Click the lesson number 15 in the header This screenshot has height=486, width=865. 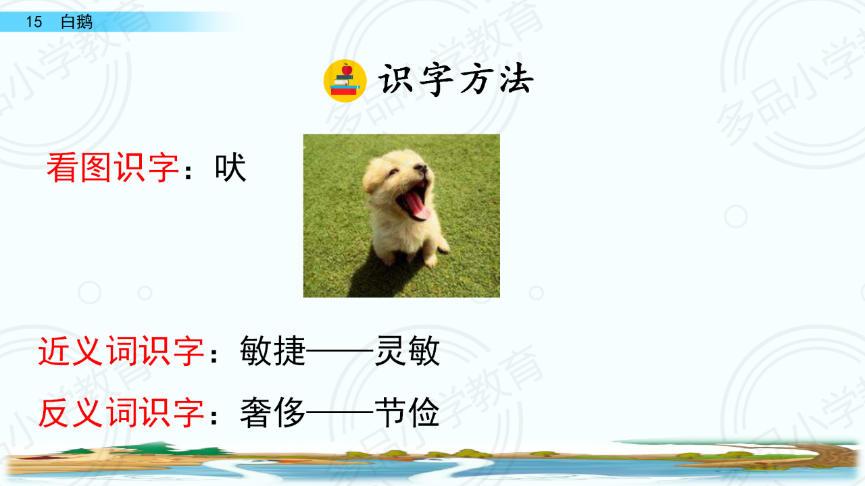pos(34,22)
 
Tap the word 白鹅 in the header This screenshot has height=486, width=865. pos(76,22)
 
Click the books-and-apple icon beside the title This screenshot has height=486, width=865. pos(345,81)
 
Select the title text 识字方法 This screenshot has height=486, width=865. pos(455,80)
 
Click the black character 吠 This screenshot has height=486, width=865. pos(230,167)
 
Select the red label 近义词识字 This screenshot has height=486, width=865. pos(121,350)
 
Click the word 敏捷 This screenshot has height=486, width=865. pos(273,350)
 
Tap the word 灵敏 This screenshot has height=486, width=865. pos(407,350)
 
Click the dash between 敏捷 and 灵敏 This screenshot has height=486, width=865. pos(340,352)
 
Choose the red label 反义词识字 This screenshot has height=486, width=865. pos(121,412)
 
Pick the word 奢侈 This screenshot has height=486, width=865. pos(273,412)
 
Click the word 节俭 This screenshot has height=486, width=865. pos(407,412)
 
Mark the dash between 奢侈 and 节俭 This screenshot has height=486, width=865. pos(340,413)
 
